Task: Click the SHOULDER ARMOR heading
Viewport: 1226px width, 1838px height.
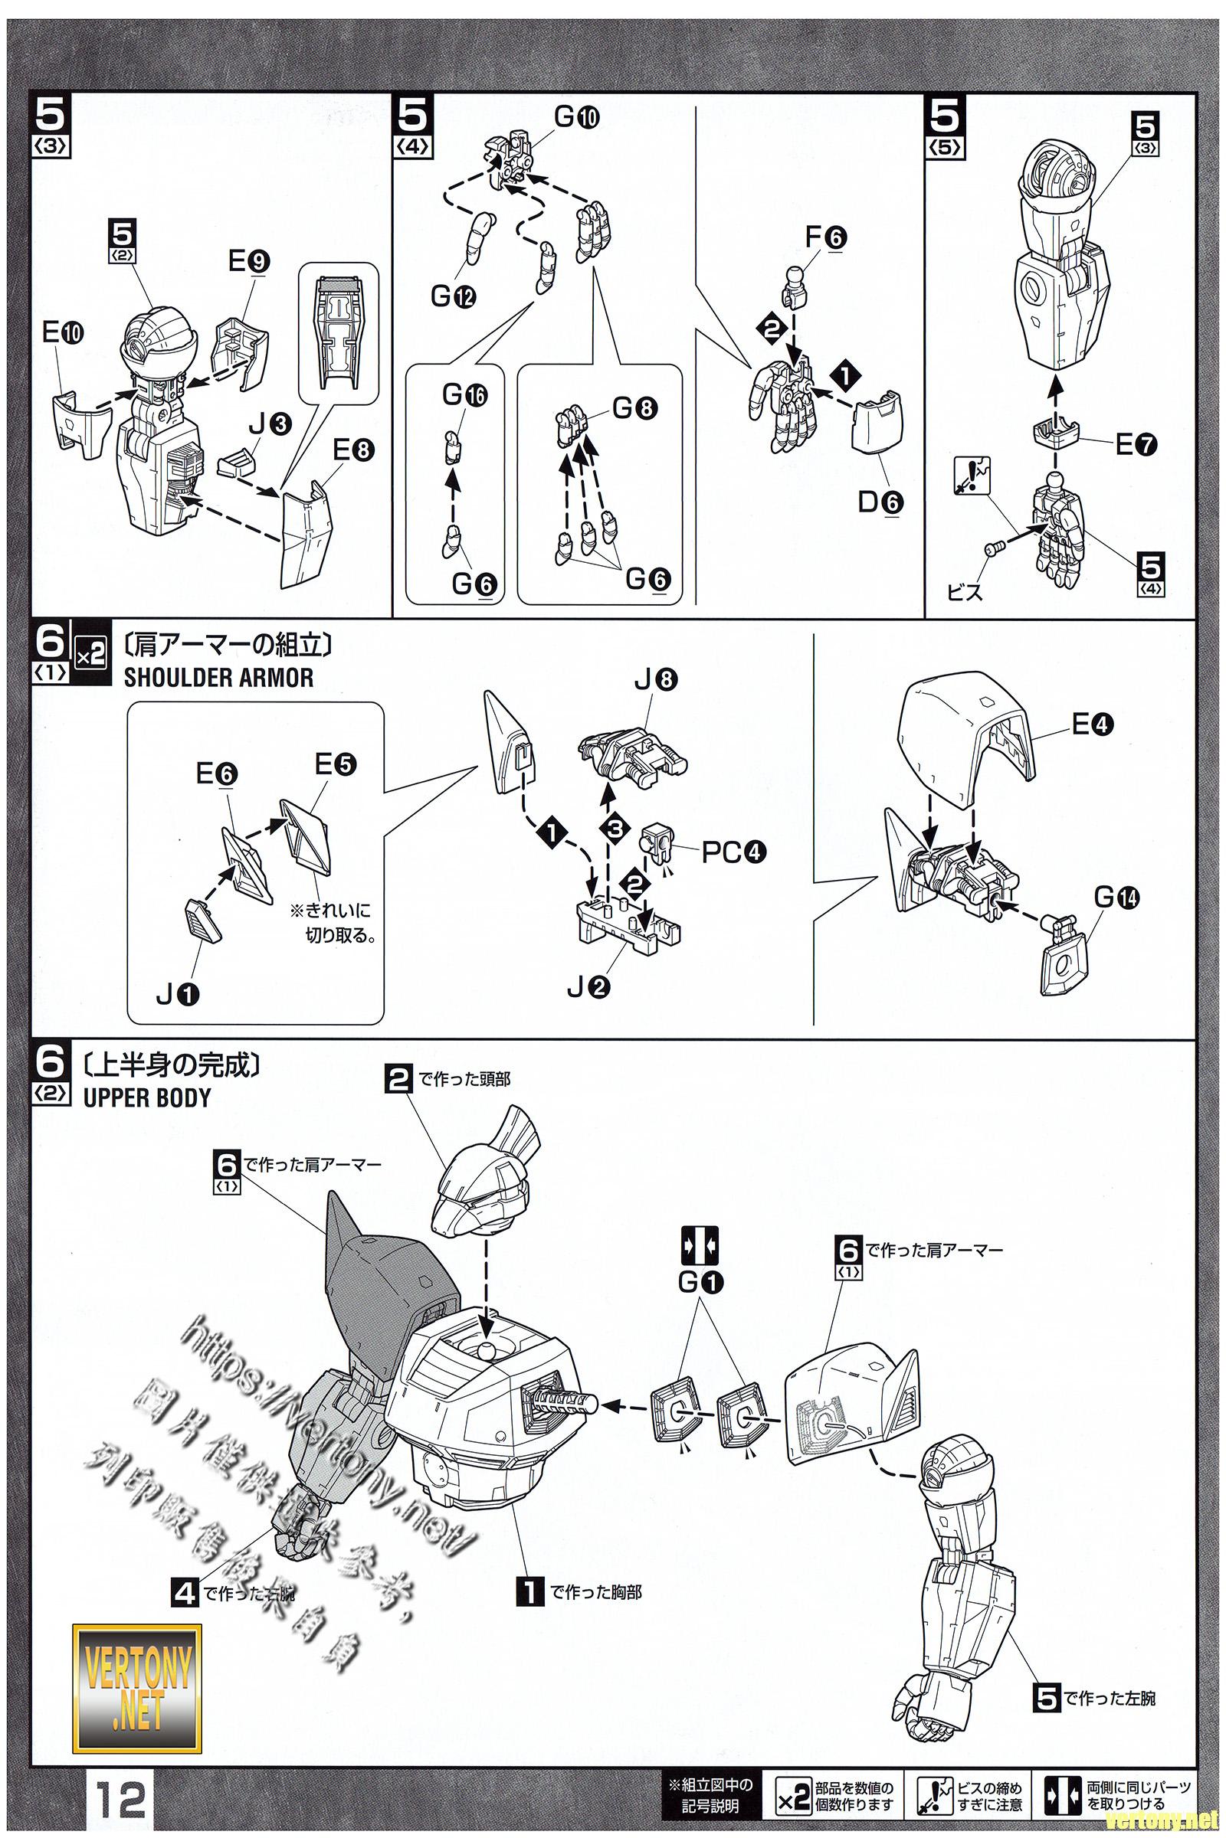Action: (218, 678)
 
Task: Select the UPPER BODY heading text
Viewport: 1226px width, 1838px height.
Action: (147, 1097)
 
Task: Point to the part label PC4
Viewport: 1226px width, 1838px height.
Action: (733, 852)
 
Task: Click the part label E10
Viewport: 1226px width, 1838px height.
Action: (63, 334)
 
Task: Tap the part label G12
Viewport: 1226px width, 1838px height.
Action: (454, 296)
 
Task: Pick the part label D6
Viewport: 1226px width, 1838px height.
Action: (880, 502)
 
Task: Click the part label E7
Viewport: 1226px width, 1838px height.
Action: (1136, 445)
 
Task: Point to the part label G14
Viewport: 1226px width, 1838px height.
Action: (1116, 898)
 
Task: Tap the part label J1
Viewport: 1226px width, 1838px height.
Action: (179, 995)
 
